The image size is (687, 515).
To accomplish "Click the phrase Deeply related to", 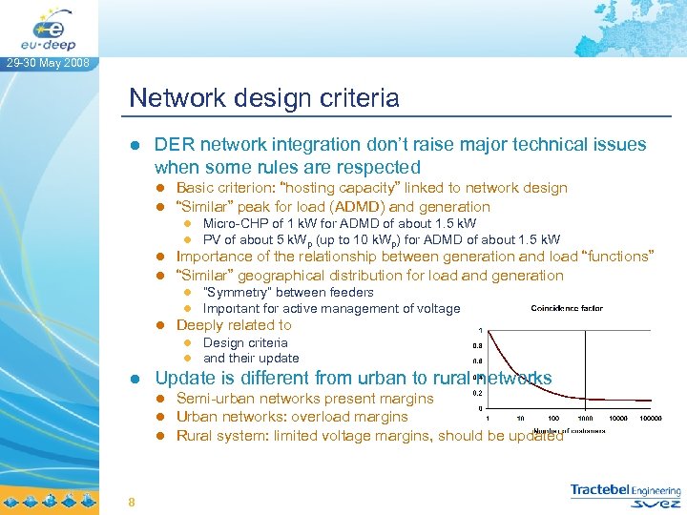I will (234, 325).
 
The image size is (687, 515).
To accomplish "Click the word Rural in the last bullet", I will (197, 435).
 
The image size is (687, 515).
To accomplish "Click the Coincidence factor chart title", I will (567, 308).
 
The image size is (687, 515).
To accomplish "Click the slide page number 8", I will (132, 503).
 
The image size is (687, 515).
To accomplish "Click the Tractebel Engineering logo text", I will (624, 490).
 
